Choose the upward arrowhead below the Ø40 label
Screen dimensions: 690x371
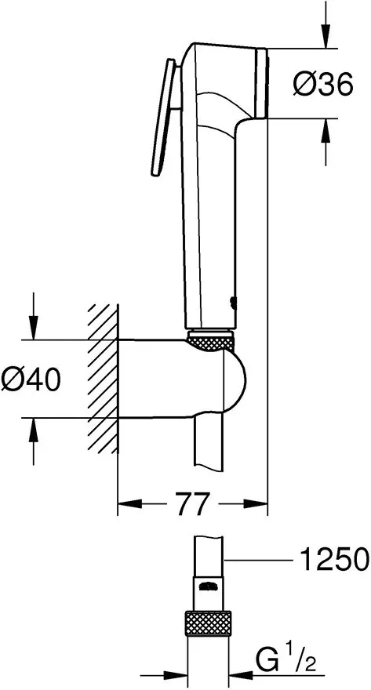[x=34, y=430]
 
